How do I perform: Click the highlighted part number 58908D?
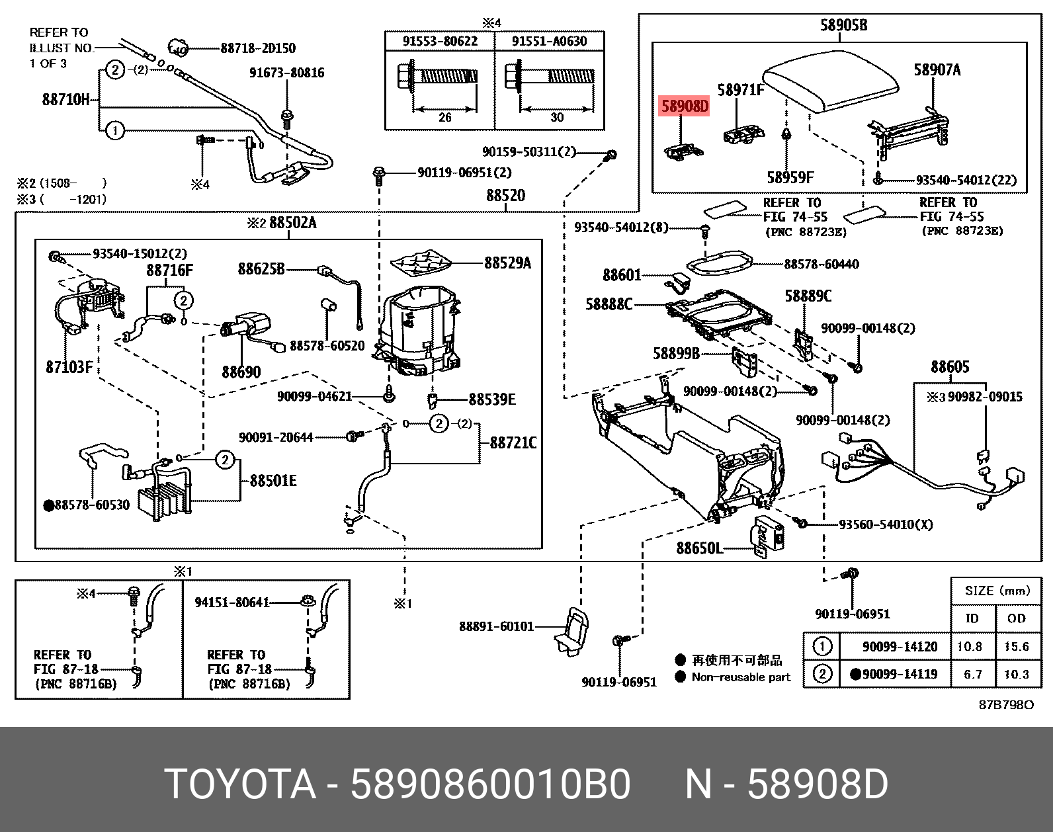[685, 106]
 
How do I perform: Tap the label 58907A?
[937, 70]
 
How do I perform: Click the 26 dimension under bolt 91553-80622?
[445, 117]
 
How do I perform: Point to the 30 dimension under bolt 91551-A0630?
[557, 117]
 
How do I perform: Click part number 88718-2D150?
[258, 48]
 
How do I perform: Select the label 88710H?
[65, 100]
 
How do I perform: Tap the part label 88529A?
[507, 263]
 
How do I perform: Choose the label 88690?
[241, 372]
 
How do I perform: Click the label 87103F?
[69, 367]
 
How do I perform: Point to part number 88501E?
[273, 481]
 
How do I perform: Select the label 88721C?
[513, 442]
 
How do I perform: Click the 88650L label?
[699, 548]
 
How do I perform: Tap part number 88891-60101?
[496, 626]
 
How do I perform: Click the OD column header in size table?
[1016, 618]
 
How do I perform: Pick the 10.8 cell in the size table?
[969, 646]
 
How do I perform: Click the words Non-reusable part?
[741, 677]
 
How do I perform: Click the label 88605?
[949, 367]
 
